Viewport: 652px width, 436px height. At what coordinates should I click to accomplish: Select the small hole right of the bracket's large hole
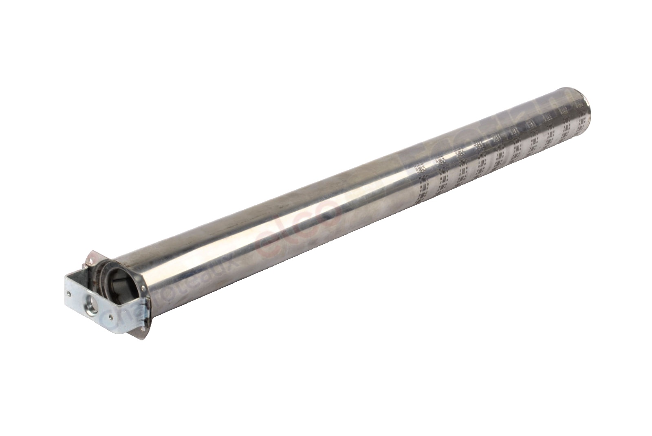(111, 318)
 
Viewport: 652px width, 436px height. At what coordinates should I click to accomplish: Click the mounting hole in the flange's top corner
(91, 261)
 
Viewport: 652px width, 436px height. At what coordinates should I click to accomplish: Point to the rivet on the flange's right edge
(143, 288)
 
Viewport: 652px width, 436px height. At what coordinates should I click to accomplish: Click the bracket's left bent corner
(66, 277)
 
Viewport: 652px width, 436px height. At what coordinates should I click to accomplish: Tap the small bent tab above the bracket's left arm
(84, 265)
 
